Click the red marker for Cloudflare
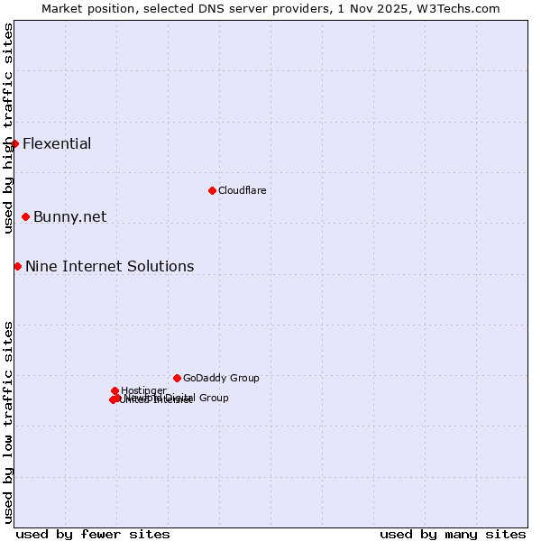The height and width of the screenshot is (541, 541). point(212,190)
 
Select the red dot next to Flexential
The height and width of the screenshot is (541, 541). point(14,143)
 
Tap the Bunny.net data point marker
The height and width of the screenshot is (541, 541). point(25,216)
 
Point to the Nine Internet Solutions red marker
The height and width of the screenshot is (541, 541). point(17,266)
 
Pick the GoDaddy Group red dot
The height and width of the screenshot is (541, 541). point(177,378)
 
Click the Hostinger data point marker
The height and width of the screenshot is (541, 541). point(115,390)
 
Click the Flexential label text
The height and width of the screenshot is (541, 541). point(57,144)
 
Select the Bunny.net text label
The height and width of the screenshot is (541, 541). point(69,217)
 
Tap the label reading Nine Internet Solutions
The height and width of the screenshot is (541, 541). point(109,267)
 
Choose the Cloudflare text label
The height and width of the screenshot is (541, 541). point(242,191)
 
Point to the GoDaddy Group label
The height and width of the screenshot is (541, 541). point(221,379)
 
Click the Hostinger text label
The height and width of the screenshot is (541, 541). point(143,390)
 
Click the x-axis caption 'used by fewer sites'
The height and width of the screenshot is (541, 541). point(93,534)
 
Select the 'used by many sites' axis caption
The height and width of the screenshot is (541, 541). point(453,534)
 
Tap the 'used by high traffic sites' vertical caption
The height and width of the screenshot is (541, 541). point(8,128)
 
